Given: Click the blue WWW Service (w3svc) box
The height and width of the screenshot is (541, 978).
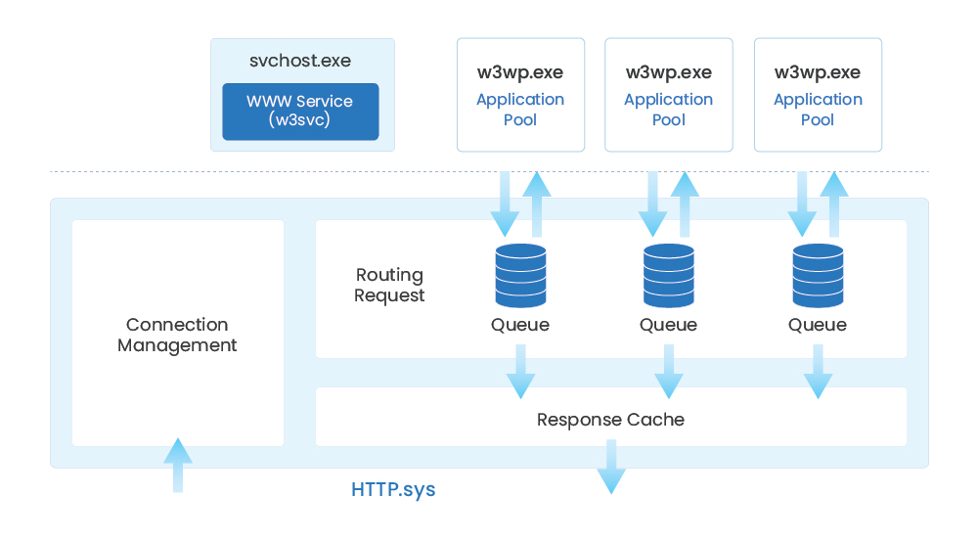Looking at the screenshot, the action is pyautogui.click(x=300, y=112).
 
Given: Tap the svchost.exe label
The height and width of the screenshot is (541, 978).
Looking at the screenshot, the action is pyautogui.click(x=300, y=61).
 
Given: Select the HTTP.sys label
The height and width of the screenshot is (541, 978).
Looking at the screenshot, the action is pyautogui.click(x=393, y=490).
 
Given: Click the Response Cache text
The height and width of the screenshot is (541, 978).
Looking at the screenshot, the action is pyautogui.click(x=610, y=420).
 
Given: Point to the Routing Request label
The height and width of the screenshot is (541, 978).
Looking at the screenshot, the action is pyautogui.click(x=389, y=285).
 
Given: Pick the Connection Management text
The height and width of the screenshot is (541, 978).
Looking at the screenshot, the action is pyautogui.click(x=177, y=335).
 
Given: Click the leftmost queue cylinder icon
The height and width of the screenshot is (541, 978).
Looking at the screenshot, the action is pyautogui.click(x=521, y=275).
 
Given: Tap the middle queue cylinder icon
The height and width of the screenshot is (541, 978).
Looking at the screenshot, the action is pyautogui.click(x=669, y=275).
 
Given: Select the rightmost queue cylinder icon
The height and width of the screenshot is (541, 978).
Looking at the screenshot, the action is pyautogui.click(x=818, y=275).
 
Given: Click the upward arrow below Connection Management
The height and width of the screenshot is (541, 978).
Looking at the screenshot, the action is pyautogui.click(x=178, y=465).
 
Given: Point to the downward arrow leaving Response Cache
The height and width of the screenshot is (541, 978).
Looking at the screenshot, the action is pyautogui.click(x=611, y=467).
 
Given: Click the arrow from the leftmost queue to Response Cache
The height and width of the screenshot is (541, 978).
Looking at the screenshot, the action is pyautogui.click(x=521, y=372).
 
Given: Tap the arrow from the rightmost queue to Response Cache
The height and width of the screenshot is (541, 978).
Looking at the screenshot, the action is pyautogui.click(x=818, y=372).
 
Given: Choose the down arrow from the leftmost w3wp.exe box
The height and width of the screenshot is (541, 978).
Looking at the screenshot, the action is pyautogui.click(x=505, y=204).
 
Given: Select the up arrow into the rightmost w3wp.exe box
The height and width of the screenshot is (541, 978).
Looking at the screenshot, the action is pyautogui.click(x=834, y=204).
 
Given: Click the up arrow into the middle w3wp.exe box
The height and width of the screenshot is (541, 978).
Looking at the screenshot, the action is pyautogui.click(x=685, y=204).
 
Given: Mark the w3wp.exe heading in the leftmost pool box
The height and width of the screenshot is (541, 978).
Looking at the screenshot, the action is pyautogui.click(x=520, y=72).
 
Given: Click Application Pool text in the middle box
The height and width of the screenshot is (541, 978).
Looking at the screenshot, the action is pyautogui.click(x=669, y=110).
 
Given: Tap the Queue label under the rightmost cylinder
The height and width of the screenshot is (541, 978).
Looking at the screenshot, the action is pyautogui.click(x=817, y=325).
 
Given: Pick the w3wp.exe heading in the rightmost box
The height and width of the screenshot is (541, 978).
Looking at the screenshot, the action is pyautogui.click(x=818, y=72).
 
